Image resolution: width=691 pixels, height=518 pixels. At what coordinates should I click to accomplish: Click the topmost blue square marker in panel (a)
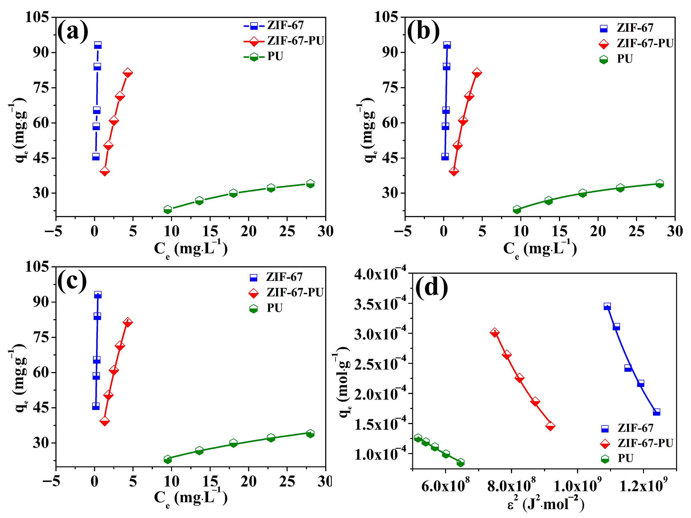click(x=98, y=45)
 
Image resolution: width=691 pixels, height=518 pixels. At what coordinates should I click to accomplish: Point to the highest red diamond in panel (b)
click(x=476, y=73)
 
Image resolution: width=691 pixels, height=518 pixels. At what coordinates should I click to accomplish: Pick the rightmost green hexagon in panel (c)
click(x=310, y=434)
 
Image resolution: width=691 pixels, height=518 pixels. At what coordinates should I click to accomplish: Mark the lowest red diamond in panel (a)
click(x=105, y=171)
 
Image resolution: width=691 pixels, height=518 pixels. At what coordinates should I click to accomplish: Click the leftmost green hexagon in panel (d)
click(x=418, y=438)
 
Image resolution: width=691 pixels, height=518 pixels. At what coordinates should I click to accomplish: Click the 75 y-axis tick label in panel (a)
click(x=41, y=87)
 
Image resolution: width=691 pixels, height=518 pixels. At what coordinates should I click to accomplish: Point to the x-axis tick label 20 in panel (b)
click(x=598, y=232)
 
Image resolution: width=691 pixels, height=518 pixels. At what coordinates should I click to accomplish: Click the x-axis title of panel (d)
click(x=545, y=504)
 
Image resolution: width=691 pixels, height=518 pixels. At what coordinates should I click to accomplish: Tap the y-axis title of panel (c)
click(x=19, y=379)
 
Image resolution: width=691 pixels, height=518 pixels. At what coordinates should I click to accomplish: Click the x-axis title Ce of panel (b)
click(x=540, y=249)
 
